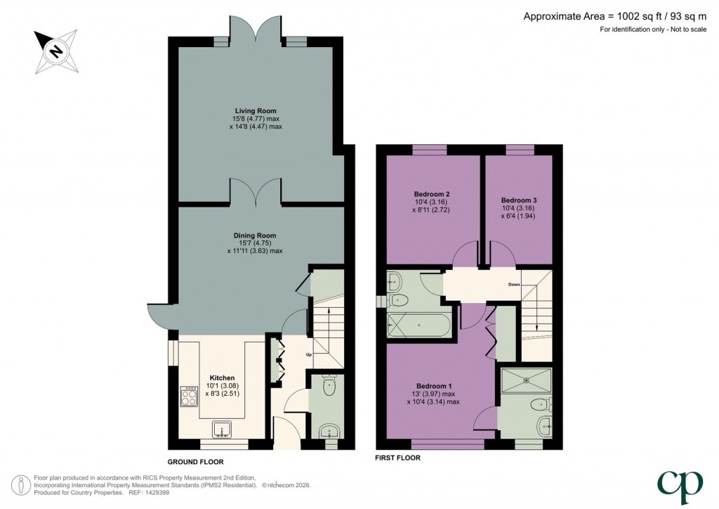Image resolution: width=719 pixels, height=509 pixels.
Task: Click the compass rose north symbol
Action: pyautogui.click(x=54, y=51)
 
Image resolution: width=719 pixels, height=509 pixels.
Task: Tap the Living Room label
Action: pyautogui.click(x=256, y=110)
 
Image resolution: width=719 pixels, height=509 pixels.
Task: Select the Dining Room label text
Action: pyautogui.click(x=256, y=236)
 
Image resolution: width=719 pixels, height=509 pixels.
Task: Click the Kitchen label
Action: pyautogui.click(x=222, y=378)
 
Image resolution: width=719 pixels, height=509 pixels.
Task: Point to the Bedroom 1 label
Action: pyautogui.click(x=433, y=386)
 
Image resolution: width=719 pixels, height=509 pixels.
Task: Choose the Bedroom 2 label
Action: pyautogui.click(x=432, y=194)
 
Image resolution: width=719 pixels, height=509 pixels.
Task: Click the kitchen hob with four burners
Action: pyautogui.click(x=190, y=398)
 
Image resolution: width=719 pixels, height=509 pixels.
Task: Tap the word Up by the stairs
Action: pyautogui.click(x=308, y=354)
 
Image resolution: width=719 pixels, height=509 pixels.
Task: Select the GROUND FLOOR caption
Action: pyautogui.click(x=195, y=463)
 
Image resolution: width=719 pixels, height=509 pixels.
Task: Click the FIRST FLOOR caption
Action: pyautogui.click(x=398, y=458)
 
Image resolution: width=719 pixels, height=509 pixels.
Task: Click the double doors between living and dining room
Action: pyautogui.click(x=256, y=191)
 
